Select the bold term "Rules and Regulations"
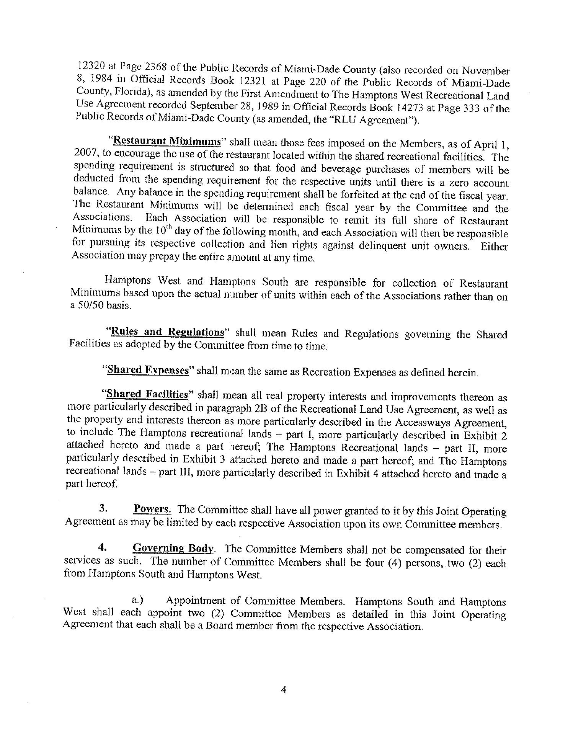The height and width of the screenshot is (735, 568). point(166,332)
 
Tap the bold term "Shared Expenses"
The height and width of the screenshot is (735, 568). point(148,370)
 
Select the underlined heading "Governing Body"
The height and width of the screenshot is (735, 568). point(173,548)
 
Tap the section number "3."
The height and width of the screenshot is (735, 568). point(103,508)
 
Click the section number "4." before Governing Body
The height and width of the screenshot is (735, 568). point(102,547)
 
